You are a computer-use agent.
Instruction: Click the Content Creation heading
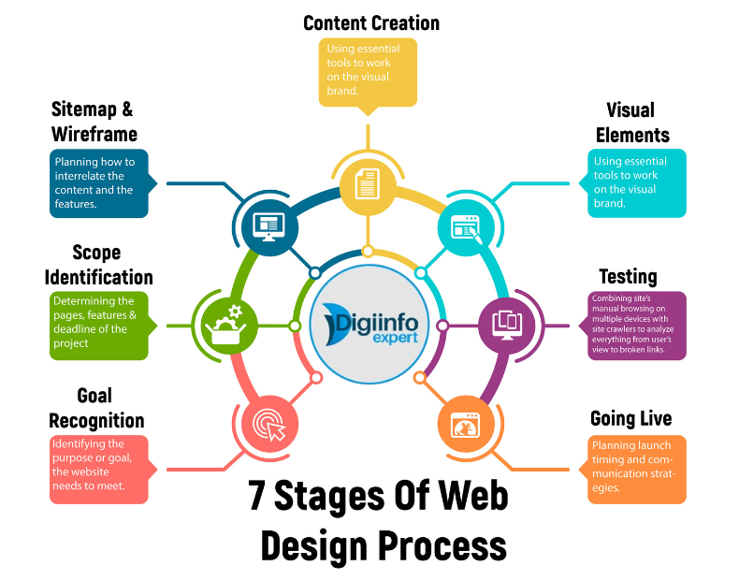click(371, 22)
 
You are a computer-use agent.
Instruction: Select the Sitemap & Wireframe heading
click(94, 122)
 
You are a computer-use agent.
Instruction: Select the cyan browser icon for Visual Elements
click(465, 225)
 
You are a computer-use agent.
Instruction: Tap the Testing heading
click(628, 277)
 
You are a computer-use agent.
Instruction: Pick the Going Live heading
click(630, 418)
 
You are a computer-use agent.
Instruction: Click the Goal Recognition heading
click(97, 408)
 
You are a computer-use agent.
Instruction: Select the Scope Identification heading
click(98, 265)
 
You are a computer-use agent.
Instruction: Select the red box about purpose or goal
click(98, 469)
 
